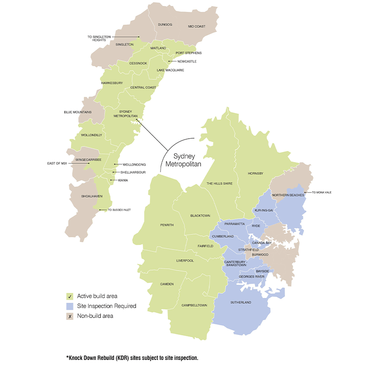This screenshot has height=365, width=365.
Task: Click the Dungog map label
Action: (x=166, y=24)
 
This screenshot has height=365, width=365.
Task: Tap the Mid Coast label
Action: (x=197, y=26)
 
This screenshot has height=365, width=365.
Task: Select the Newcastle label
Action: (x=187, y=61)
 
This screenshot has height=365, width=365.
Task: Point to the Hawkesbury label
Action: (x=112, y=83)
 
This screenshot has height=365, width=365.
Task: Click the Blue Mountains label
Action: (x=78, y=112)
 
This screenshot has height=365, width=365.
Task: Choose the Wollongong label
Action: (x=134, y=164)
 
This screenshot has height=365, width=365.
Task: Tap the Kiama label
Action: (x=123, y=180)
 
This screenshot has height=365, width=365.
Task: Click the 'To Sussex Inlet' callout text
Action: (x=119, y=210)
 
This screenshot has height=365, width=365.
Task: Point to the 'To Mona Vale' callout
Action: (x=322, y=193)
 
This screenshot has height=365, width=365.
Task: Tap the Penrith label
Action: (x=167, y=224)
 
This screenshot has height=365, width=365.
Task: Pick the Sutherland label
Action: (x=241, y=302)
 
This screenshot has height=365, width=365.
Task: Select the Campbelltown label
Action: (x=194, y=305)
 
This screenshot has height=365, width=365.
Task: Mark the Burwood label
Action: (x=260, y=255)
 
